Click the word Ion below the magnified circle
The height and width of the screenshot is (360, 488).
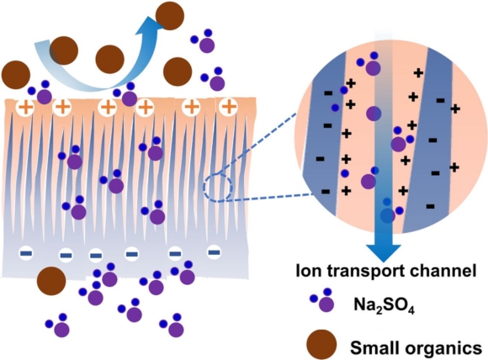pos(304,271)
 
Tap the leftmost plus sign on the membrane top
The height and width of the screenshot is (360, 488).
pos(24,108)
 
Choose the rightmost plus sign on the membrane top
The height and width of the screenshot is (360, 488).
pos(227,108)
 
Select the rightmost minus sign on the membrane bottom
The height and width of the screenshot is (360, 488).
pos(214,250)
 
